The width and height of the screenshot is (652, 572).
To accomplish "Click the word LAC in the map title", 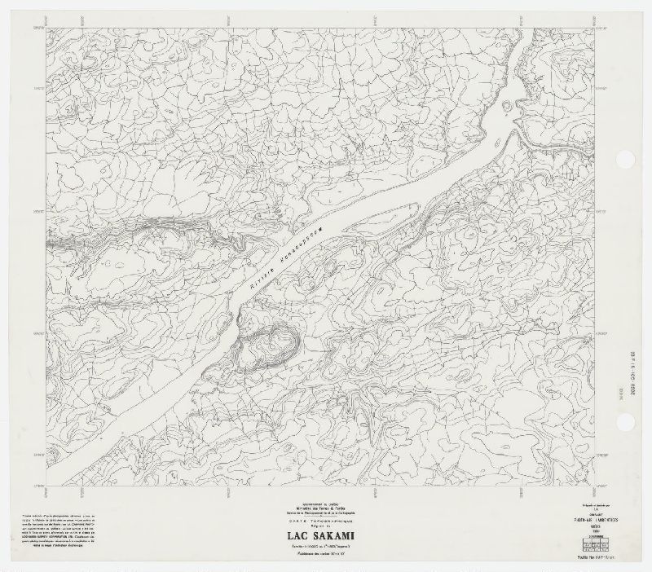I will point(299,535).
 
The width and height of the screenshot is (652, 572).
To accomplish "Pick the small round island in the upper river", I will point(509,103).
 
